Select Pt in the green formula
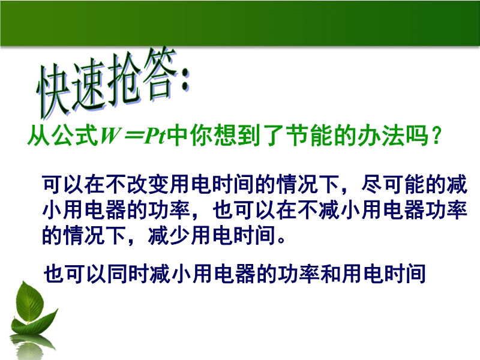pos(155,136)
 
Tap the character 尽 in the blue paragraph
pos(371,185)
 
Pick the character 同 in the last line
pos(118,274)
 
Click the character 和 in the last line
pos(331,274)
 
